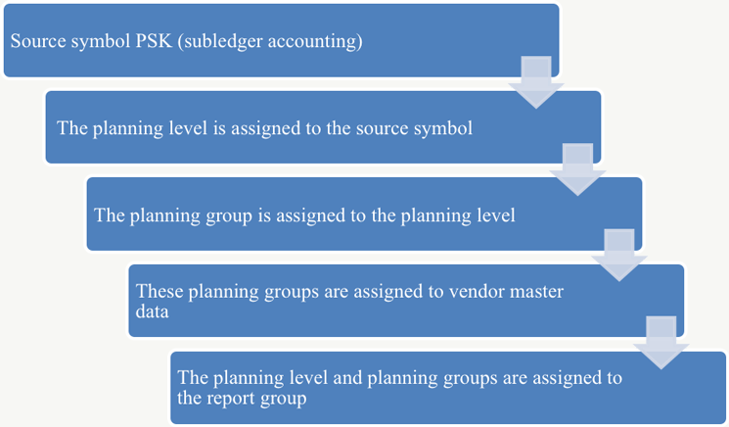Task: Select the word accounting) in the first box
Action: coord(314,43)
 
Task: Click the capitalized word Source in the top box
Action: coord(36,43)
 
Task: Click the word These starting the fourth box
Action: coord(159,291)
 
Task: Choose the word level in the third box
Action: coord(495,215)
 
